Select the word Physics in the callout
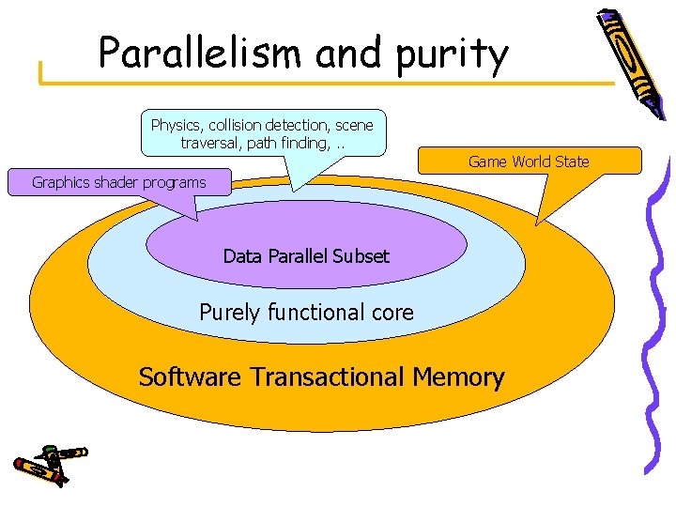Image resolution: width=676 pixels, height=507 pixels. [177, 125]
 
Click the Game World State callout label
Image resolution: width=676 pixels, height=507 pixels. [529, 161]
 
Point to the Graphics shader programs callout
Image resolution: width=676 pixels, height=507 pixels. [119, 182]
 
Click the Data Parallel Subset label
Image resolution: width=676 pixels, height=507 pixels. [306, 255]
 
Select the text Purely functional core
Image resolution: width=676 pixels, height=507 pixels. [306, 312]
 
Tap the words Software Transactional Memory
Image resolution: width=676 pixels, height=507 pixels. [321, 377]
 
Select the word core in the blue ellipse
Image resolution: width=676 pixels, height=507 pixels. [392, 312]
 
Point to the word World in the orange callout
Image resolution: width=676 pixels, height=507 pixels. [531, 161]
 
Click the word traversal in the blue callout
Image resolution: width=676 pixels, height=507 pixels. [211, 144]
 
